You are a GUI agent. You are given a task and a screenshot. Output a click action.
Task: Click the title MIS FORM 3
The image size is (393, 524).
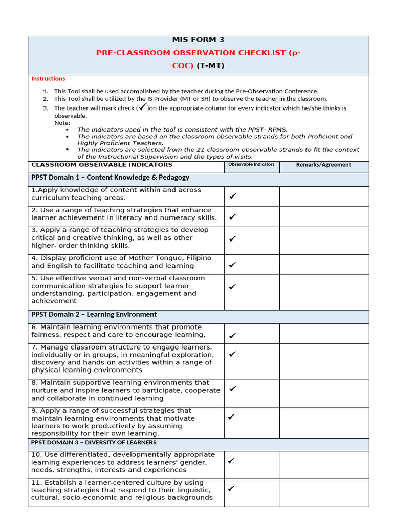point(199,40)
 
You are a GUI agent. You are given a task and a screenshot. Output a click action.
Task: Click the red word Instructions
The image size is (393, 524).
point(48,79)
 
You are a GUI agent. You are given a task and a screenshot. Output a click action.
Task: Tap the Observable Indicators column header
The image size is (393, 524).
point(251,165)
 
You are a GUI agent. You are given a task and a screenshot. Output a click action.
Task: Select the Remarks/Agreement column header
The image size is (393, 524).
point(323,165)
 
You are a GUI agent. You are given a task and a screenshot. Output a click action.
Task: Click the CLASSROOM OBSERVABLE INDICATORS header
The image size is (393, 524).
point(102,165)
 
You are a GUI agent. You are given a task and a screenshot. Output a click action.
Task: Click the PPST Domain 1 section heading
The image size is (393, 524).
point(110,178)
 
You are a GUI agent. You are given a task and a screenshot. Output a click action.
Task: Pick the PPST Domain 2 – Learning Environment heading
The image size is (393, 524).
point(94,314)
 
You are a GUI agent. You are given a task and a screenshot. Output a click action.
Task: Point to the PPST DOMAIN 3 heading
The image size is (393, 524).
point(94,442)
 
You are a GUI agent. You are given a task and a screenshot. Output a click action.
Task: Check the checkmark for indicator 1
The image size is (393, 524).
point(233,196)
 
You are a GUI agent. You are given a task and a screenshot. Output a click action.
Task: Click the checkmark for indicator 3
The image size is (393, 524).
point(233,238)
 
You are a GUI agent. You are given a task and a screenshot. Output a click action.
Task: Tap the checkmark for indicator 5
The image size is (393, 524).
point(233,287)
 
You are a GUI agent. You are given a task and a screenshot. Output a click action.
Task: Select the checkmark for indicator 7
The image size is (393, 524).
point(233,354)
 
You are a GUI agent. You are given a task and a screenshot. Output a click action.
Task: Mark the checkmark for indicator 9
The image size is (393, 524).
point(231,417)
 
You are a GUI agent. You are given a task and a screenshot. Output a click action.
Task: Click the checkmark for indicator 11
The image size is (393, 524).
point(231,489)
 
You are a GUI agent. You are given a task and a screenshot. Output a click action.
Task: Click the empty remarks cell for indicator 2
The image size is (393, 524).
point(323,216)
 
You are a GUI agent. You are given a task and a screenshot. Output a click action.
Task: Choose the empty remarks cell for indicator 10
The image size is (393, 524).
point(323,465)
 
